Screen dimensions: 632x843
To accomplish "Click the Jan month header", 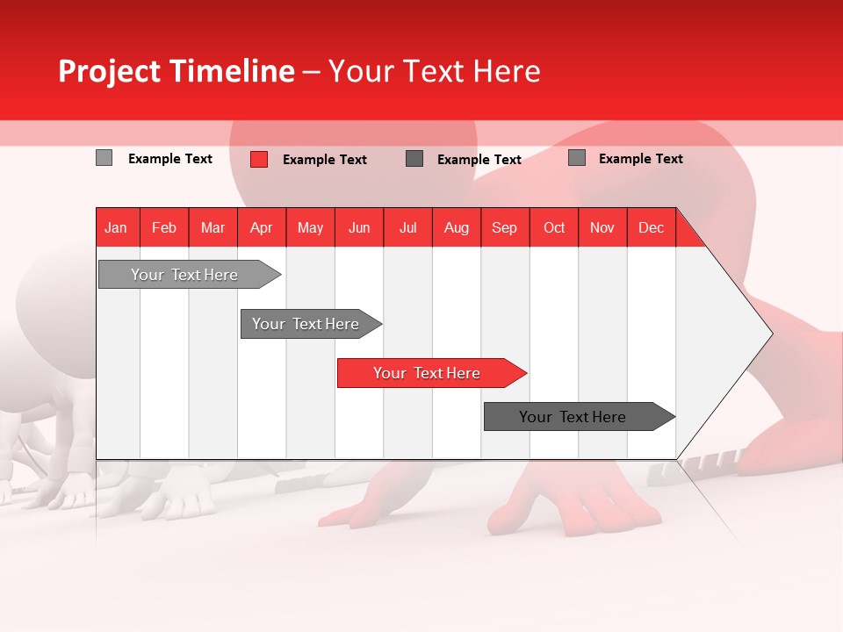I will (116, 227).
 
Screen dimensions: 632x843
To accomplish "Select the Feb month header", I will (164, 227).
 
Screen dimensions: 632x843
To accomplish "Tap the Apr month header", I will (261, 227).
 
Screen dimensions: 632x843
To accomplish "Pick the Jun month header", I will (359, 227).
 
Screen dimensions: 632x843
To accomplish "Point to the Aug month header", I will (457, 227).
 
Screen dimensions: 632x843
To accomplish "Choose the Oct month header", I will (554, 227).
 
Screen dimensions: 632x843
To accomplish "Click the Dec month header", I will (651, 227).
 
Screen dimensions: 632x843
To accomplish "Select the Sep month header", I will (504, 227).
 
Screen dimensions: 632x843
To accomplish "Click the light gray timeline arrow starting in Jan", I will (184, 275).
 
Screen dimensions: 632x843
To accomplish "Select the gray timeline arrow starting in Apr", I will (306, 324).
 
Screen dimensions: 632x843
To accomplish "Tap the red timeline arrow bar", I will (427, 373).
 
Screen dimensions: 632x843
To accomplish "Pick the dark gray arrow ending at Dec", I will (573, 417).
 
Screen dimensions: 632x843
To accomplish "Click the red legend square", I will (259, 159).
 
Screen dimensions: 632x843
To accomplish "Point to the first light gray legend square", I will (104, 158).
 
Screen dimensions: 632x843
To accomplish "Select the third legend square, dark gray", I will (414, 159).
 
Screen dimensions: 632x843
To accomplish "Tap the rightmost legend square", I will (577, 158).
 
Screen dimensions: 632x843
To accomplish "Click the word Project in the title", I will (108, 71).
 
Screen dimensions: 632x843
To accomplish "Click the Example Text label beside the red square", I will (324, 160).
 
